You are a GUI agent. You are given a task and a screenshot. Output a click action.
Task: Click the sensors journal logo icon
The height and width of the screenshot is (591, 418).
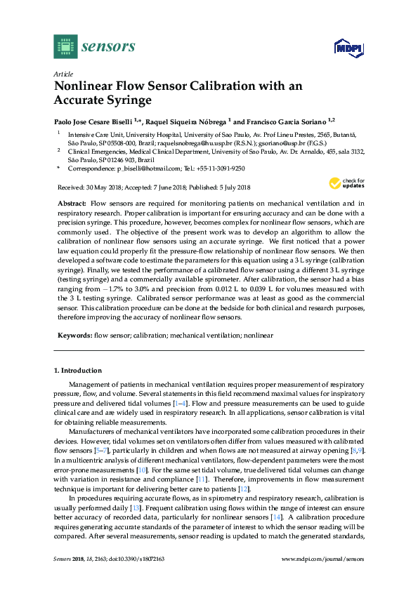(x=65, y=47)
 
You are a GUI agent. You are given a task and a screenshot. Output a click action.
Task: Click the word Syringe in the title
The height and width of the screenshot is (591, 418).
(x=127, y=100)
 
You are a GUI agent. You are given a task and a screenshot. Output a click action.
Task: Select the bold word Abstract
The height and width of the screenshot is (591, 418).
(x=71, y=202)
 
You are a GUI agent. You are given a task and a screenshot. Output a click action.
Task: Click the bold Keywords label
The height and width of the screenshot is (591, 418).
(x=74, y=336)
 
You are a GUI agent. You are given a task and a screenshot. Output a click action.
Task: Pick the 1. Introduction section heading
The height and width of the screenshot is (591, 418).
(x=78, y=370)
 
